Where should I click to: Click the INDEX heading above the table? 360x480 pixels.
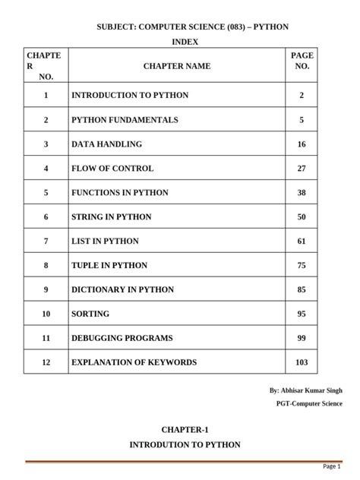pyautogui.click(x=180, y=41)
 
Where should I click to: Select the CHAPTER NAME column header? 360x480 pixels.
pyautogui.click(x=177, y=66)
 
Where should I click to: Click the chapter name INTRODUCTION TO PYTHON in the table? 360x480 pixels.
pyautogui.click(x=130, y=96)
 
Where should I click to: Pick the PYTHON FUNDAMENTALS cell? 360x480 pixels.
pyautogui.click(x=125, y=120)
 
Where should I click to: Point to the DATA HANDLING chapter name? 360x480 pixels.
pyautogui.click(x=106, y=144)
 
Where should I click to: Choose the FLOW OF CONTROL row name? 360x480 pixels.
pyautogui.click(x=112, y=169)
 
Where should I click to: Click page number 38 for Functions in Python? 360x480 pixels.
pyautogui.click(x=302, y=193)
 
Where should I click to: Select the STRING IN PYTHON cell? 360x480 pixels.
pyautogui.click(x=111, y=217)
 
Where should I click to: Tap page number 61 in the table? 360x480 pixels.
pyautogui.click(x=302, y=242)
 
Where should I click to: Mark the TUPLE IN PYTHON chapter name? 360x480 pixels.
pyautogui.click(x=109, y=266)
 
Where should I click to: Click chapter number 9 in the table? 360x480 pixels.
pyautogui.click(x=46, y=290)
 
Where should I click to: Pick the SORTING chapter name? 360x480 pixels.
pyautogui.click(x=90, y=314)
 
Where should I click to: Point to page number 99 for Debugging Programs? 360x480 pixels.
pyautogui.click(x=302, y=339)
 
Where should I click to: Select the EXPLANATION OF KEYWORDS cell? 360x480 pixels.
pyautogui.click(x=134, y=363)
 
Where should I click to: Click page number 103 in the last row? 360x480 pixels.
pyautogui.click(x=302, y=363)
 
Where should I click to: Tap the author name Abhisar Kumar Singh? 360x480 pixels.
pyautogui.click(x=305, y=390)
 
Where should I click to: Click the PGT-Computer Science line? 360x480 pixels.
pyautogui.click(x=308, y=404)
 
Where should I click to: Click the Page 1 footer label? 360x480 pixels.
pyautogui.click(x=332, y=466)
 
